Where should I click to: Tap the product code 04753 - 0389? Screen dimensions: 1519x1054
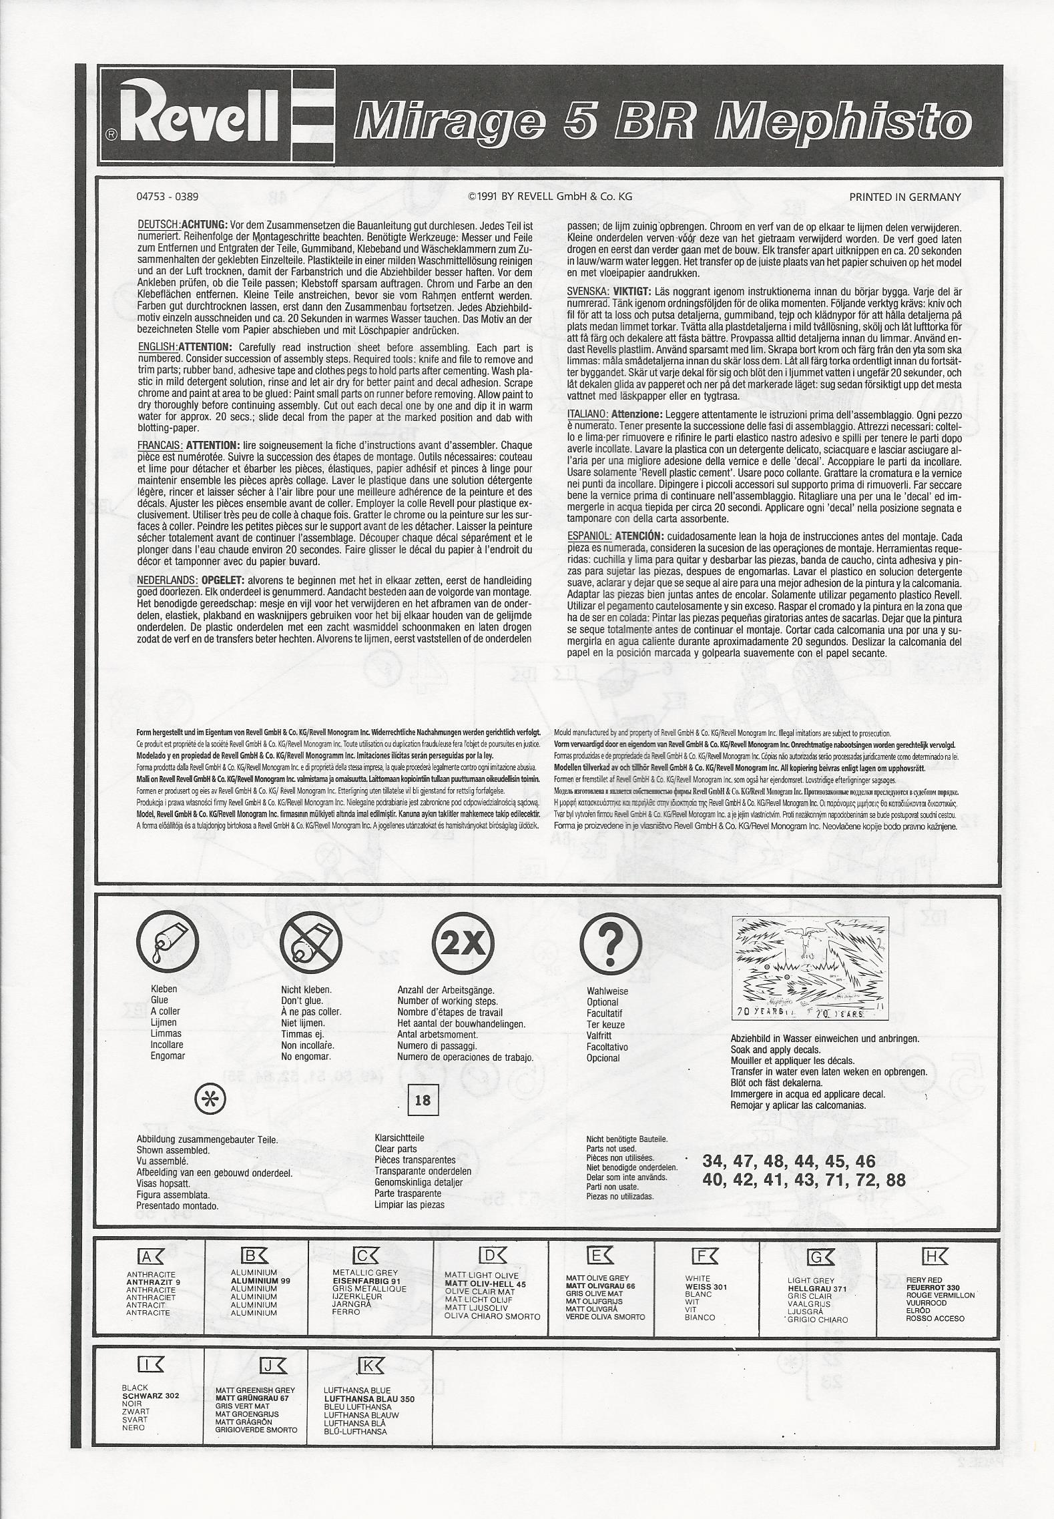point(167,197)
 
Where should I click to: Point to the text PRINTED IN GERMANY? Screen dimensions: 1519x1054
point(904,197)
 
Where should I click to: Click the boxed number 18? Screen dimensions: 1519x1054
point(423,1100)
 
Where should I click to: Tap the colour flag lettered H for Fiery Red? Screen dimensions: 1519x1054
point(934,1257)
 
